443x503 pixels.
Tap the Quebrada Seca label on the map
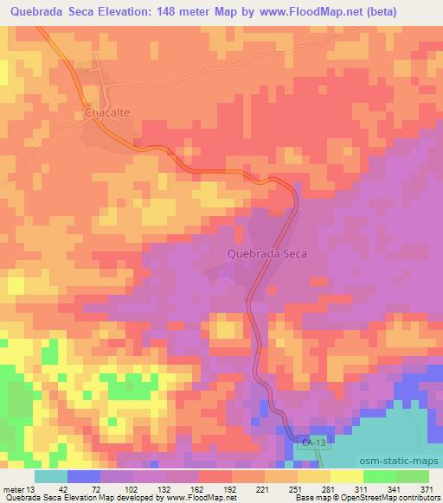pyautogui.click(x=266, y=255)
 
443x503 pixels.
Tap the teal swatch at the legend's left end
pyautogui.click(x=50, y=476)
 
